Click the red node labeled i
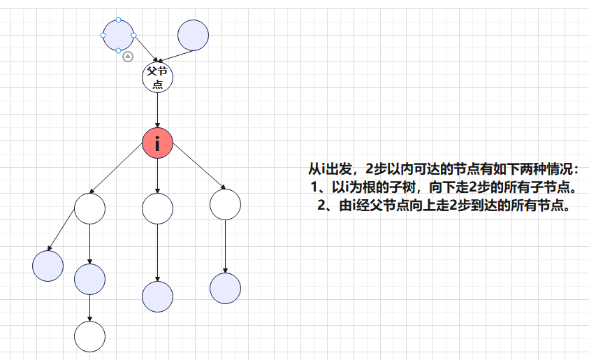click(x=157, y=143)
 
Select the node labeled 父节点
click(x=157, y=77)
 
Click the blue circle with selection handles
click(x=118, y=36)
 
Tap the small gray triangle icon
click(x=128, y=57)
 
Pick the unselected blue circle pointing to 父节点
click(x=193, y=36)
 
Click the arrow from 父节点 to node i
click(x=157, y=110)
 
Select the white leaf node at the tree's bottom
click(x=89, y=337)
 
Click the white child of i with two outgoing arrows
click(x=89, y=208)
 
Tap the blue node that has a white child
click(x=89, y=279)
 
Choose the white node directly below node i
click(x=157, y=208)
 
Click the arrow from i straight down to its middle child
click(x=157, y=176)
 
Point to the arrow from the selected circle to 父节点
click(x=146, y=49)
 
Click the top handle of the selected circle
click(x=118, y=20)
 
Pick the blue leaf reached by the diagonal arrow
click(x=48, y=266)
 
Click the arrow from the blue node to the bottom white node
click(x=89, y=308)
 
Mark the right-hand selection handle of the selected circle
click(x=133, y=36)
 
